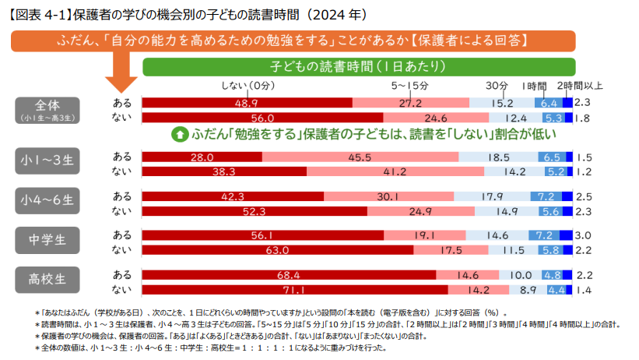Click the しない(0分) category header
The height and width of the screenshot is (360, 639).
click(x=248, y=85)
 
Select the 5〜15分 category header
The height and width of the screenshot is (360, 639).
click(x=410, y=85)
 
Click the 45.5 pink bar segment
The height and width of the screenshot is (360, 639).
click(x=360, y=157)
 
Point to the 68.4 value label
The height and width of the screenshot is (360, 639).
click(x=289, y=275)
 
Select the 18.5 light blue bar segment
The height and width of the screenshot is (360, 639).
click(x=493, y=157)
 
